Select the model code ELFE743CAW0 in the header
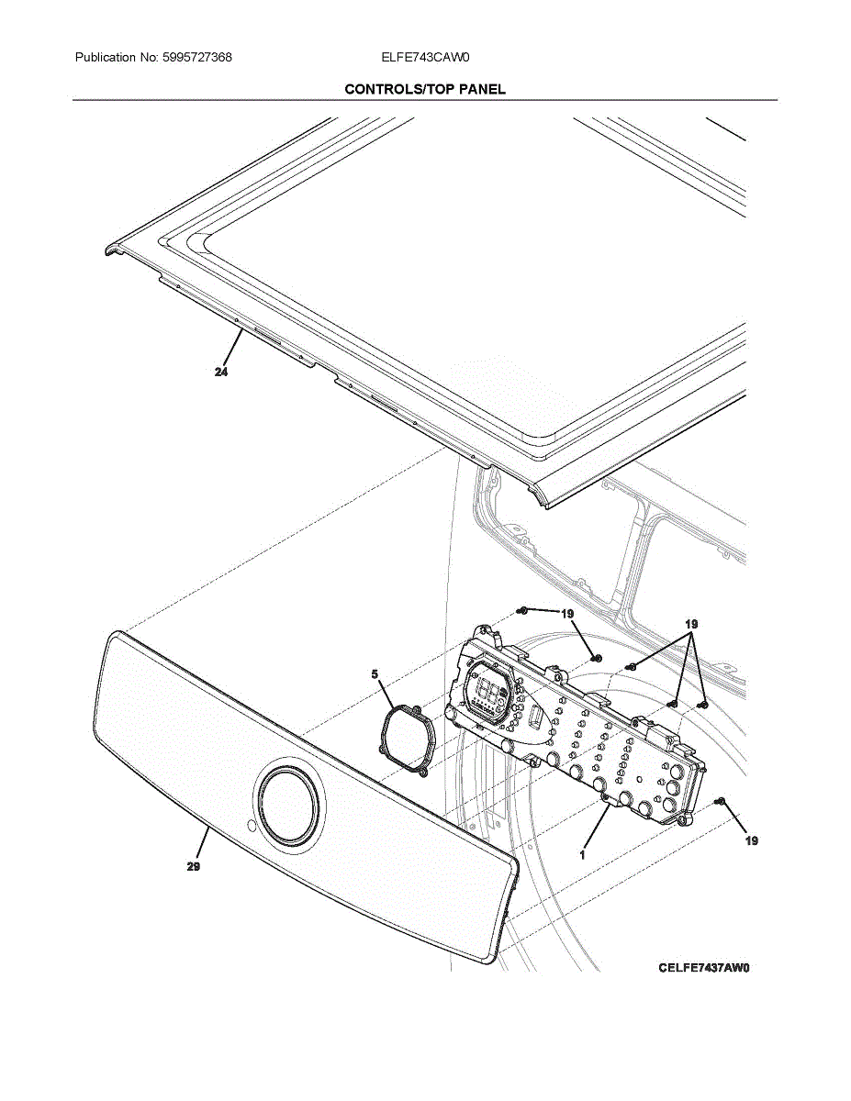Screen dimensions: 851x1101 coord(425,58)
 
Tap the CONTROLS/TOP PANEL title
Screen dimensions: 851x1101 coord(425,89)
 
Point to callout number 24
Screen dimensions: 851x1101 coord(221,373)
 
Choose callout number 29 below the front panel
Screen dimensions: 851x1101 coord(194,866)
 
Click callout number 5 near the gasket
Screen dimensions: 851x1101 coord(375,674)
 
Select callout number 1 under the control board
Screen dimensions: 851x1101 coord(582,854)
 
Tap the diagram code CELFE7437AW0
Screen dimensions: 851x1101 coord(704,968)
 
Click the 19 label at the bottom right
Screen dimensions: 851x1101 coord(752,840)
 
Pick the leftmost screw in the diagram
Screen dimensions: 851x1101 coord(521,609)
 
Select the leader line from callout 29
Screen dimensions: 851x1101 coord(204,844)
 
